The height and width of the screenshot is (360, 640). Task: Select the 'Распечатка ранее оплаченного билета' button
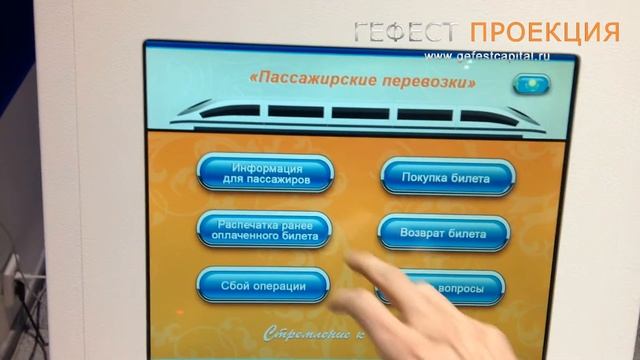(x=265, y=231)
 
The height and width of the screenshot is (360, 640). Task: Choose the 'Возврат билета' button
(x=447, y=234)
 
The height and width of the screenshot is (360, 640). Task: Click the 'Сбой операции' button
(x=263, y=286)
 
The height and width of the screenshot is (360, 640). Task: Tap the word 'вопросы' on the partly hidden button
(x=462, y=290)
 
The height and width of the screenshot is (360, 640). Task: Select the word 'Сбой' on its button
(x=236, y=286)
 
